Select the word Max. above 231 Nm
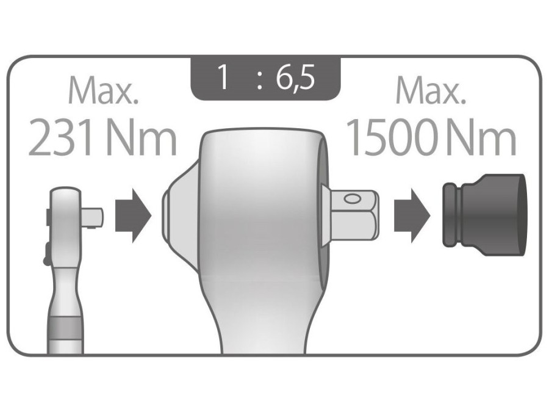click(104, 90)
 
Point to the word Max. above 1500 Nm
click(431, 90)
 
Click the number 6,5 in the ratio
click(295, 78)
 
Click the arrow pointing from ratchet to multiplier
click(133, 216)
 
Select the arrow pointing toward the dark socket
click(412, 216)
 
